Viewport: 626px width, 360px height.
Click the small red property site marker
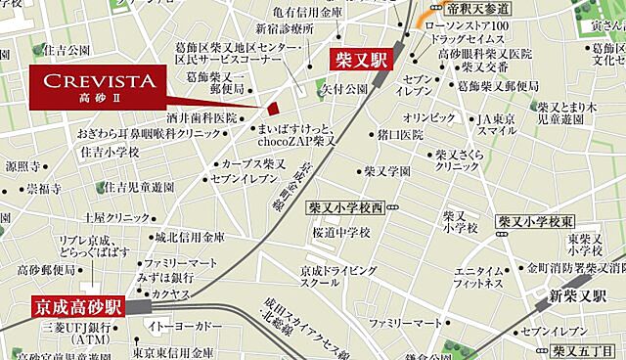273,109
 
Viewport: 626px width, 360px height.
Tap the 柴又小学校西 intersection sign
346,207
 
